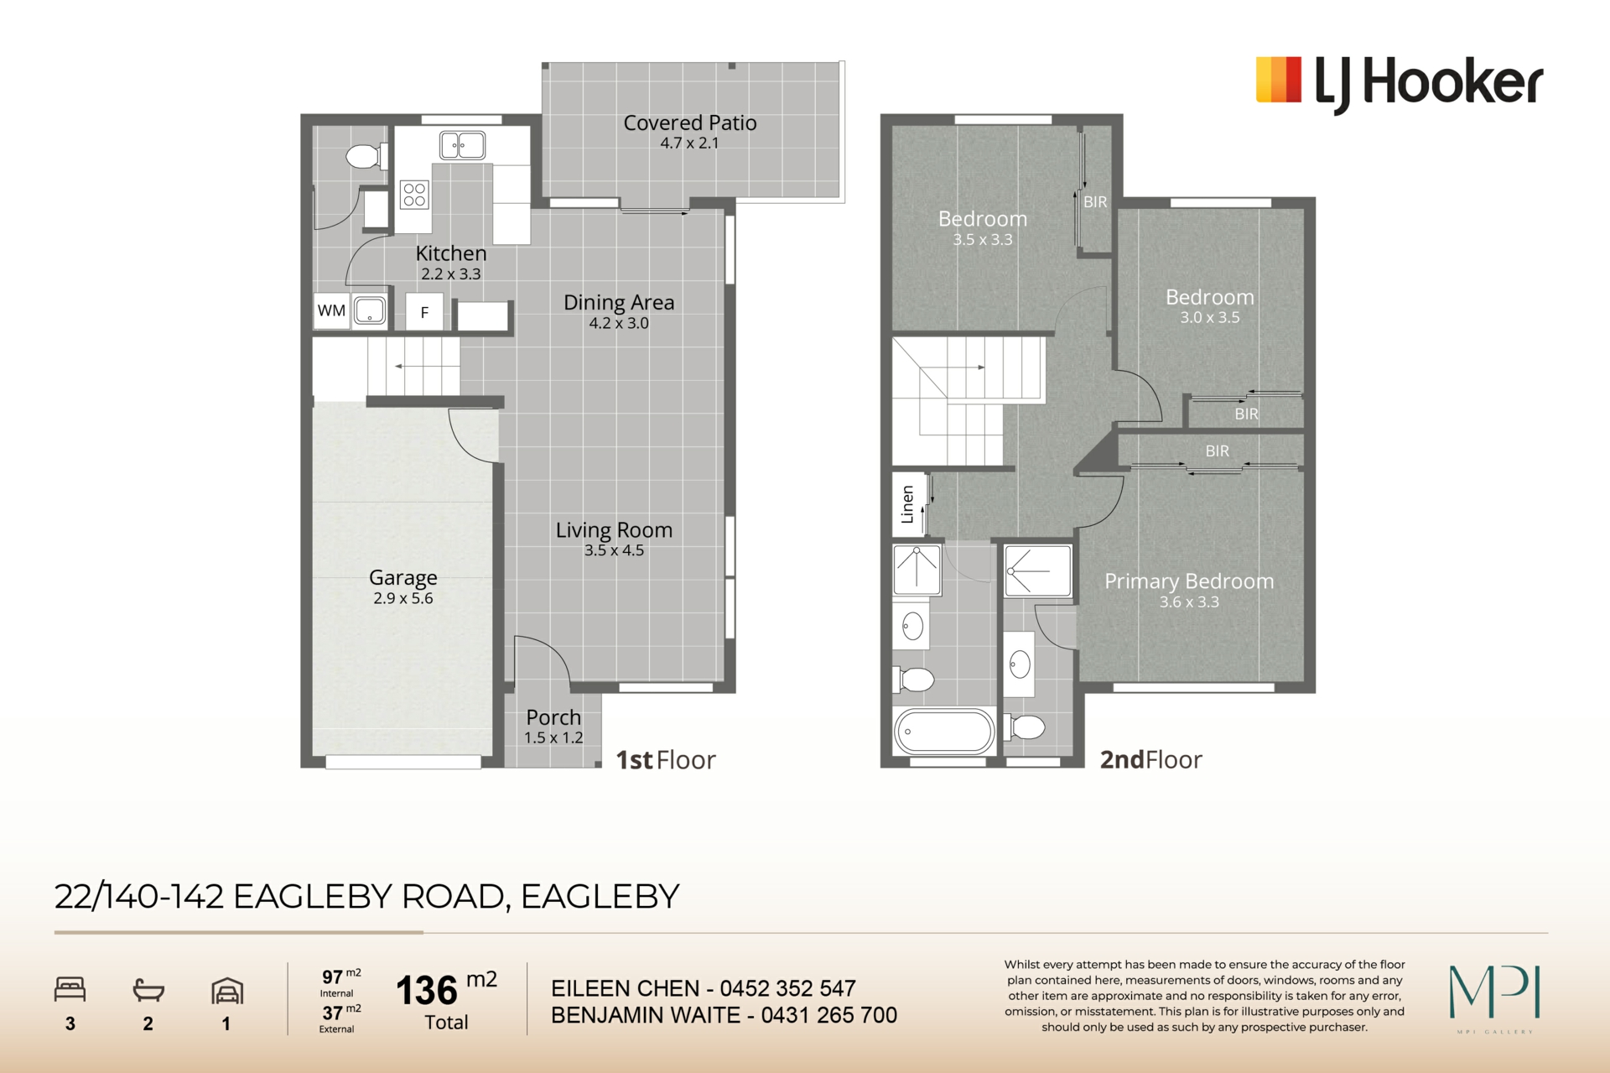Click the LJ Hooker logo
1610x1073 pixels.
[x=1399, y=84]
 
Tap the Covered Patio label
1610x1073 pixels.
[x=690, y=122]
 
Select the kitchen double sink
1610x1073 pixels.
[x=462, y=145]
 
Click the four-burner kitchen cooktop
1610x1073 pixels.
[x=414, y=195]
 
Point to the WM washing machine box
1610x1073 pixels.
[x=331, y=310]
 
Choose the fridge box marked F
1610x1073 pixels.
[x=424, y=312]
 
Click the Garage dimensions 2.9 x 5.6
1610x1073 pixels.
[x=403, y=598]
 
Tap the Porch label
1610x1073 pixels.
[x=553, y=717]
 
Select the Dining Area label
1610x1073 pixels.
[x=619, y=302]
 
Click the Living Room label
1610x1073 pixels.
[x=614, y=530]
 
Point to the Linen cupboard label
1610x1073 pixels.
[x=907, y=504]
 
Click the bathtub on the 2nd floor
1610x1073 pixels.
[x=944, y=731]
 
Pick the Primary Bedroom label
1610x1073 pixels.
[x=1189, y=581]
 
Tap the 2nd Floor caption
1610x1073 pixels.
[x=1150, y=759]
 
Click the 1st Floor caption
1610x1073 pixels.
[x=666, y=759]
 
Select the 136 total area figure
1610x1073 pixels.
[x=427, y=991]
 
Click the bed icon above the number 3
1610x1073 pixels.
[x=70, y=989]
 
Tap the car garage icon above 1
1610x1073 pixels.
[x=227, y=991]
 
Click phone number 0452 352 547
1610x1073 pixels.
[x=787, y=988]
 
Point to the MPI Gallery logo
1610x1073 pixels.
[x=1495, y=998]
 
